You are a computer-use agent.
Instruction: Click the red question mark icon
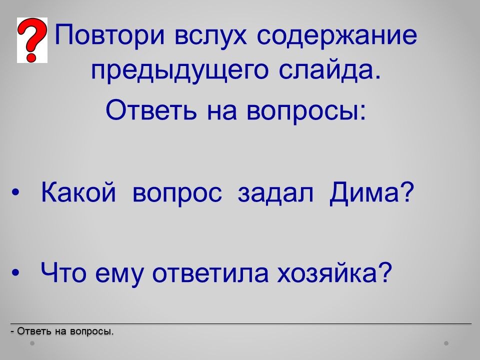point(32,40)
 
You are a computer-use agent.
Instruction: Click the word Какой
point(78,192)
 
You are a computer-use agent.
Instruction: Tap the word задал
point(275,193)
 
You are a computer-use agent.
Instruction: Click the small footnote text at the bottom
point(62,331)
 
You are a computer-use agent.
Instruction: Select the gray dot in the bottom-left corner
point(32,343)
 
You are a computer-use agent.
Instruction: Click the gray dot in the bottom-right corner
point(446,343)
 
